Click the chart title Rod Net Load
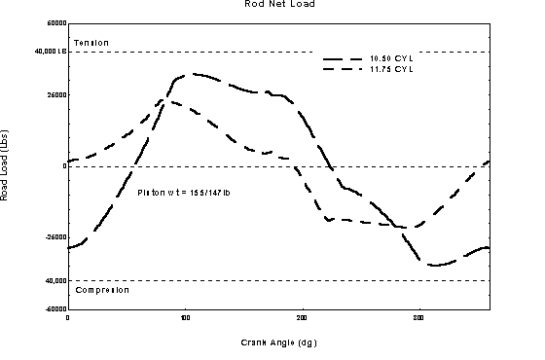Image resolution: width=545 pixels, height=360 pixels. (280, 4)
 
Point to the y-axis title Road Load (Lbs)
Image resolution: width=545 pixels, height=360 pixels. (6, 166)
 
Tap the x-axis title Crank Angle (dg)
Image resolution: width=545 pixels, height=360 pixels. (278, 342)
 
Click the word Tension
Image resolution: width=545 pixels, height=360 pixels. (91, 43)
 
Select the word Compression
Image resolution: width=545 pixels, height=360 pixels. (101, 289)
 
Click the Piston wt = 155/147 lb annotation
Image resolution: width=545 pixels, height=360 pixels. (184, 192)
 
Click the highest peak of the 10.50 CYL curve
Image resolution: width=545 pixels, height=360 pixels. (195, 73)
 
